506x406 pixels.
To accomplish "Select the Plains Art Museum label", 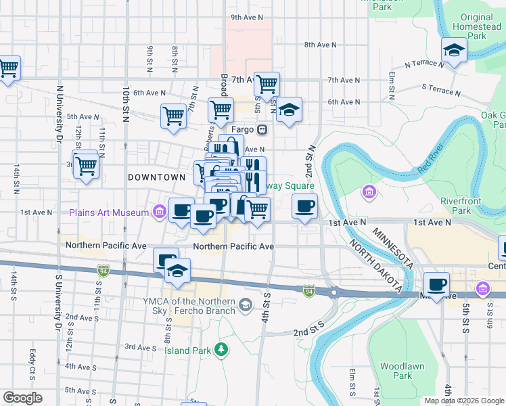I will click(108, 213).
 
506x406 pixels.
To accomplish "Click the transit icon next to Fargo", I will click(262, 129).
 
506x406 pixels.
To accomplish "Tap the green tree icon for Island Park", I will click(221, 349).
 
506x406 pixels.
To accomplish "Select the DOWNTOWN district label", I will click(156, 177).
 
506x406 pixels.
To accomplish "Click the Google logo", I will click(22, 398).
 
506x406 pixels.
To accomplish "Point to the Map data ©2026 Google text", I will click(464, 401).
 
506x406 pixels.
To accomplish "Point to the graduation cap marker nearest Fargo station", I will click(289, 110).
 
